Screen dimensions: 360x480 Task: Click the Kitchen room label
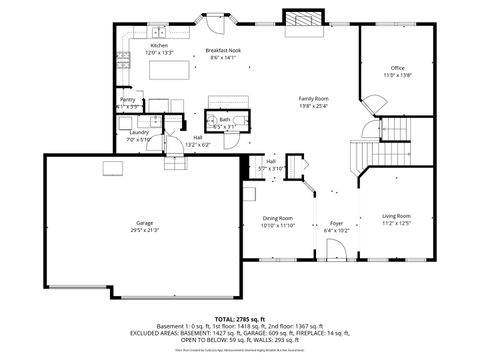[x=159, y=46]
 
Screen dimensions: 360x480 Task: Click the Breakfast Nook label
[x=221, y=50]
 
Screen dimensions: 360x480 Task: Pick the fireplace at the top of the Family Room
[x=300, y=20]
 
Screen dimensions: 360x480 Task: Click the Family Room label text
[x=313, y=98]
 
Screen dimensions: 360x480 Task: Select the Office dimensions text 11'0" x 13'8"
[x=398, y=75]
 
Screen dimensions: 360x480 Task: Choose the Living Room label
[x=396, y=215]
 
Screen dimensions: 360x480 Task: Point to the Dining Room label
[x=277, y=217]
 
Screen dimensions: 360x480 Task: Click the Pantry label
[x=128, y=99]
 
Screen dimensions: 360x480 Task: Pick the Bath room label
[x=225, y=119]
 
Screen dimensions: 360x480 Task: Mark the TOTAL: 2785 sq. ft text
[x=240, y=317]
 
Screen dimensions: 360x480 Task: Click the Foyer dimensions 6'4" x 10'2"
[x=336, y=230]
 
